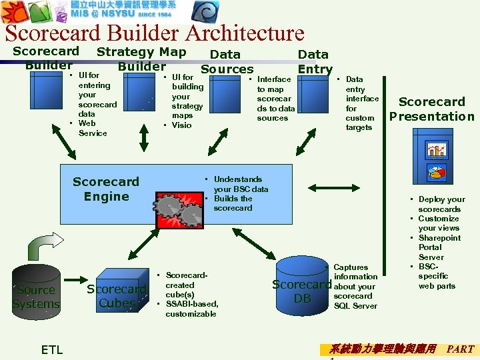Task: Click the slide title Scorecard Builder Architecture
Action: (x=154, y=33)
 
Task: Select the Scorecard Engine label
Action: (x=105, y=189)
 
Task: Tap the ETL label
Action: (x=52, y=349)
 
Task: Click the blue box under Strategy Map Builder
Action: (x=141, y=97)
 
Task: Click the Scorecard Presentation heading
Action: (x=431, y=109)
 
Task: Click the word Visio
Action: (x=181, y=125)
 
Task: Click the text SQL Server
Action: (x=355, y=306)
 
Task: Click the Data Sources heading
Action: (x=227, y=61)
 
